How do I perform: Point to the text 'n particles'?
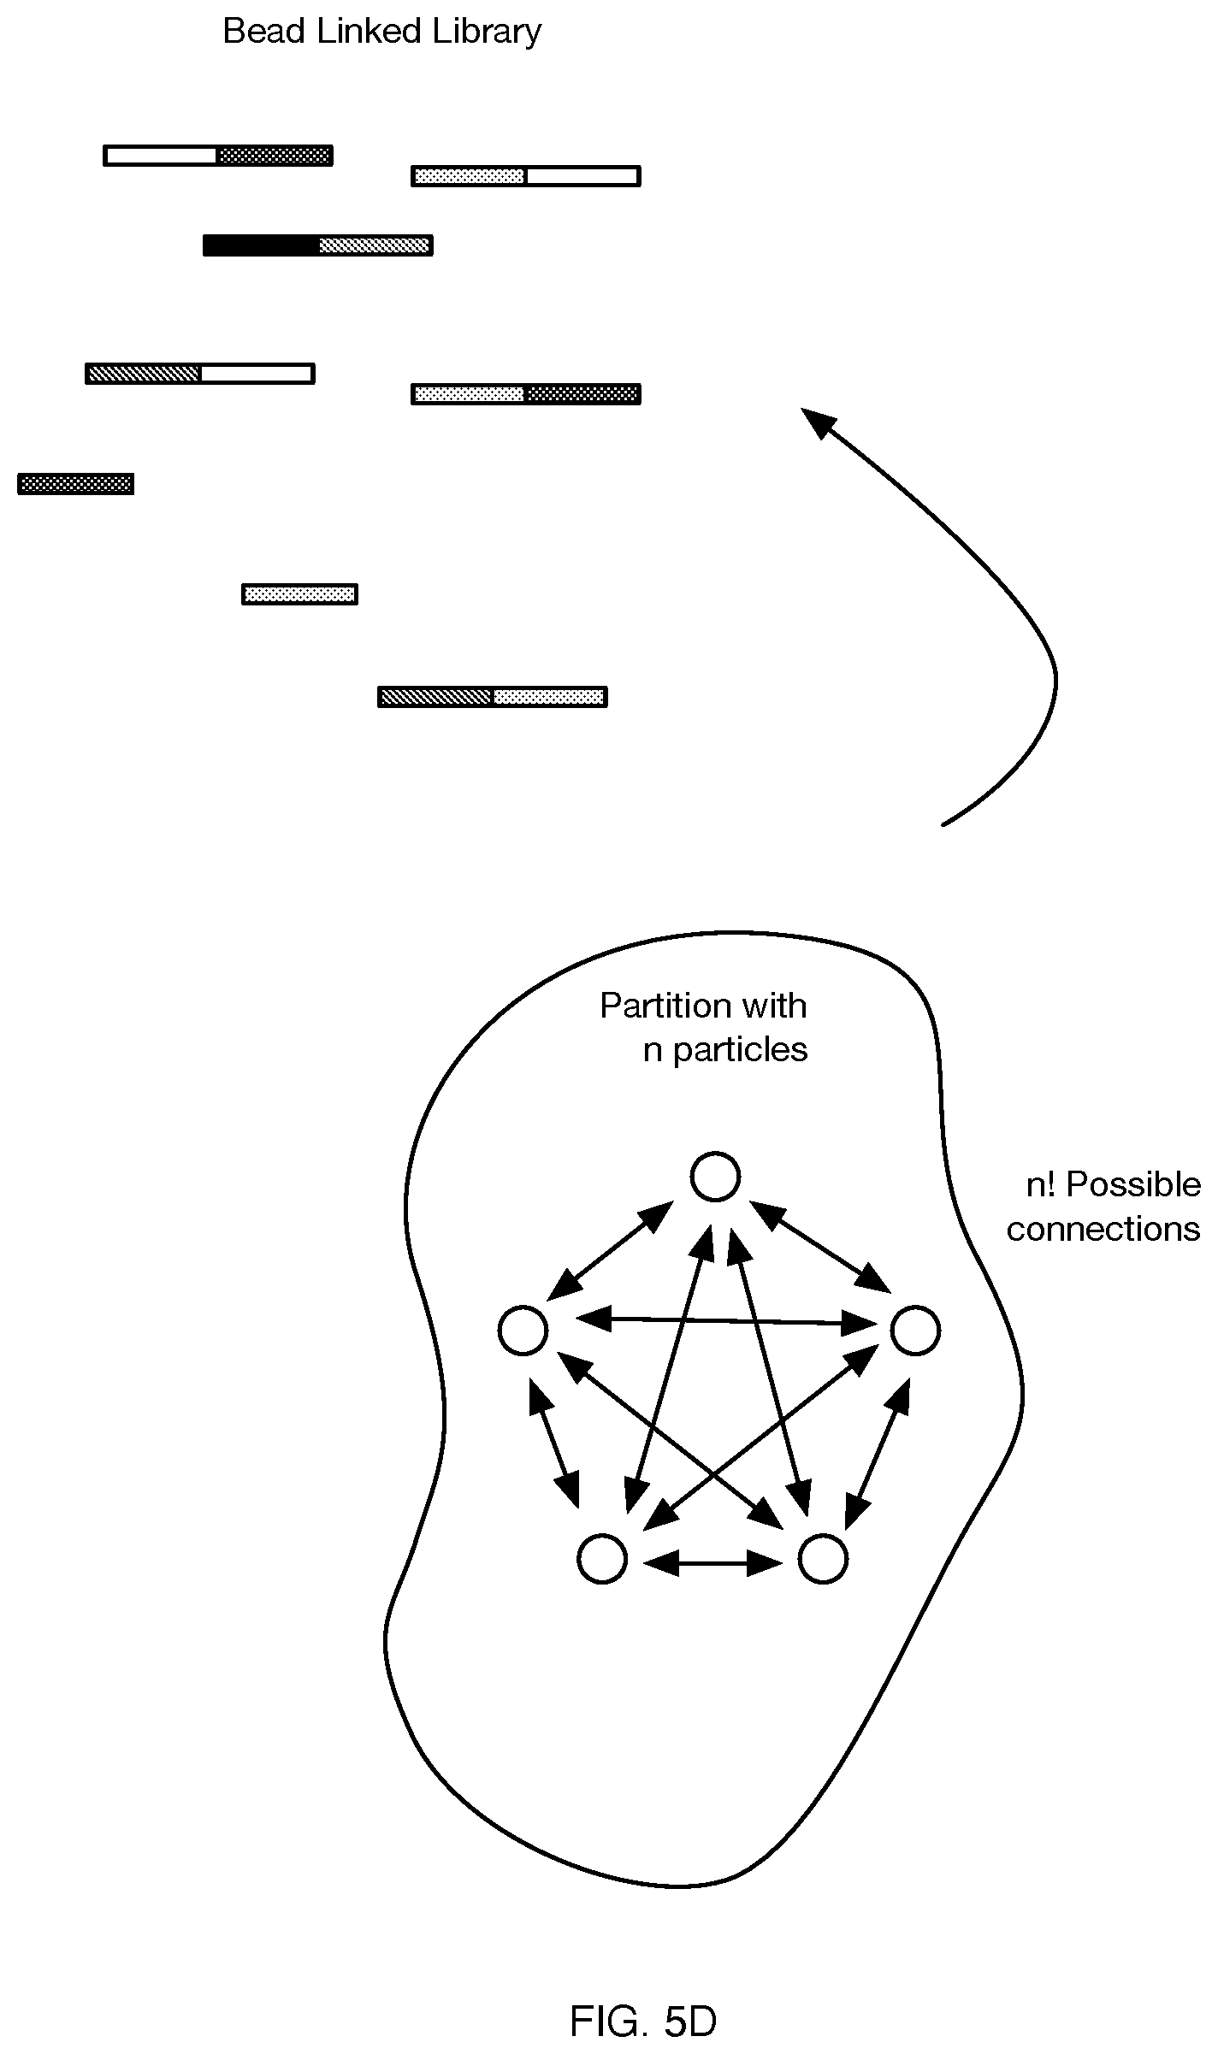tap(725, 1051)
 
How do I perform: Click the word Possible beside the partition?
tap(1134, 1185)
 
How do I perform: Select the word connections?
tap(1103, 1230)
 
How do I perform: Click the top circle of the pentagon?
tap(715, 1177)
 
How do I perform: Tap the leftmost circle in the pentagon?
tap(523, 1331)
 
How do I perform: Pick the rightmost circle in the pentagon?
tap(915, 1331)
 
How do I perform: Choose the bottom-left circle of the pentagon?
tap(602, 1558)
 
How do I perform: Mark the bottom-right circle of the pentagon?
tap(823, 1558)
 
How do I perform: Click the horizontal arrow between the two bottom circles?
tap(712, 1564)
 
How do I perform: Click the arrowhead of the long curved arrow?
tap(818, 423)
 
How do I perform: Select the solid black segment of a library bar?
tap(261, 245)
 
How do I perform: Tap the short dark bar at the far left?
tap(75, 484)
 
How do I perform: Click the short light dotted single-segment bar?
tap(299, 594)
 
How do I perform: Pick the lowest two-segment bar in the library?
tap(493, 697)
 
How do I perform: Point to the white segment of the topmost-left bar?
tap(161, 156)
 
